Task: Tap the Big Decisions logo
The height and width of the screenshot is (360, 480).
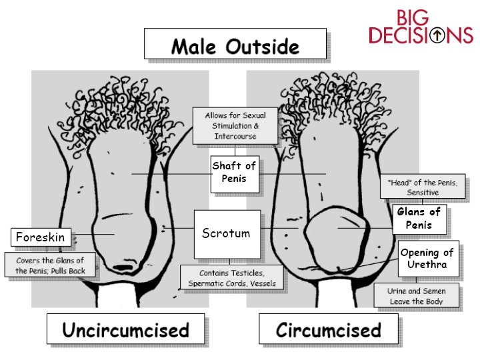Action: pyautogui.click(x=421, y=27)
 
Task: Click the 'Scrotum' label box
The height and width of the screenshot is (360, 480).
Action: pyautogui.click(x=226, y=233)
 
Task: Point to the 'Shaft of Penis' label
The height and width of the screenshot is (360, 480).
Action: pyautogui.click(x=234, y=172)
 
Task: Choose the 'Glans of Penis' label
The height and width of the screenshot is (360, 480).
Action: pyautogui.click(x=419, y=218)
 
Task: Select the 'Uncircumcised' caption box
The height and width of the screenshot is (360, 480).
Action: pyautogui.click(x=125, y=330)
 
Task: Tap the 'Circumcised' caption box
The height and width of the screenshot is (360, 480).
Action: pyautogui.click(x=329, y=330)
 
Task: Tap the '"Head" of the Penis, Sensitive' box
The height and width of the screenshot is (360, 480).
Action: pyautogui.click(x=422, y=187)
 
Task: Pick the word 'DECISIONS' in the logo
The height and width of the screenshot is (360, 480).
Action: pyautogui.click(x=421, y=35)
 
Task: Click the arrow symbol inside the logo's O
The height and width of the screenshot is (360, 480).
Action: pyautogui.click(x=437, y=35)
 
